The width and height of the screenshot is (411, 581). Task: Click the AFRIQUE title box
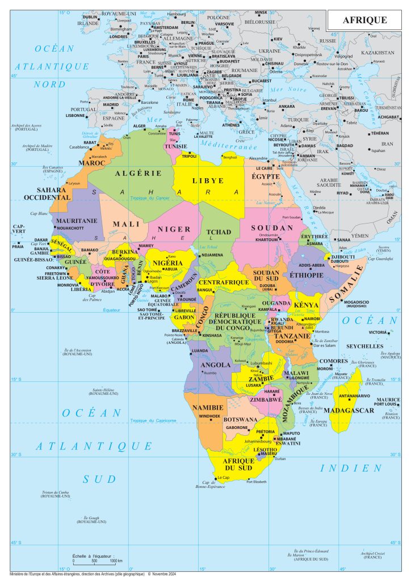(x=364, y=20)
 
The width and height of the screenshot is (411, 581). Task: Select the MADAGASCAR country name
(x=360, y=410)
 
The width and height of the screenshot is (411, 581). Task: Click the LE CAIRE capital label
(x=264, y=169)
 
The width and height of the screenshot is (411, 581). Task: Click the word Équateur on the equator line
(x=112, y=310)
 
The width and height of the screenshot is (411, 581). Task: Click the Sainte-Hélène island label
(x=103, y=390)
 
